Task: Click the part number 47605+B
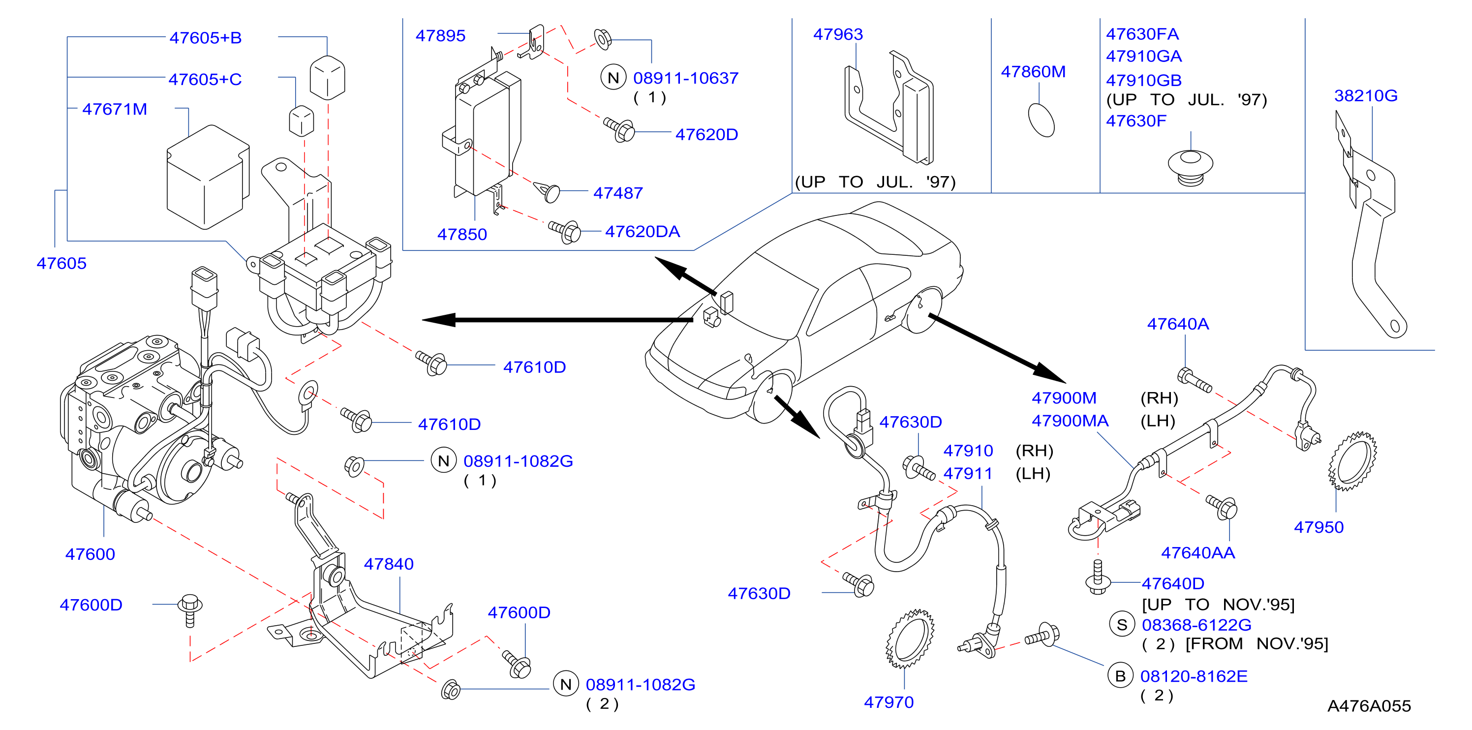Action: (x=206, y=38)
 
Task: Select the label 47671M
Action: (x=115, y=109)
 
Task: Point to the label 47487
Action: (x=618, y=193)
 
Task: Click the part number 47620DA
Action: (x=643, y=231)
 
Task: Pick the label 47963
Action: (x=838, y=34)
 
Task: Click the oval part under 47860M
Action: (x=1041, y=120)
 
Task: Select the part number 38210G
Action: (x=1366, y=95)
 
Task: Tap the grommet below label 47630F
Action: (x=1190, y=168)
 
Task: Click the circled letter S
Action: (x=1122, y=624)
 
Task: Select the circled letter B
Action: (x=1120, y=676)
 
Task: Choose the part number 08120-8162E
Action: (x=1194, y=676)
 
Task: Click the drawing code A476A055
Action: (x=1369, y=706)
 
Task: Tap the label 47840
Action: (x=389, y=564)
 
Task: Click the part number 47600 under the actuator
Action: (x=91, y=554)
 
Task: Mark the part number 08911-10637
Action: (x=686, y=78)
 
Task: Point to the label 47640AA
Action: (x=1197, y=552)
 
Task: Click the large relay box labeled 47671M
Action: (x=208, y=177)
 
